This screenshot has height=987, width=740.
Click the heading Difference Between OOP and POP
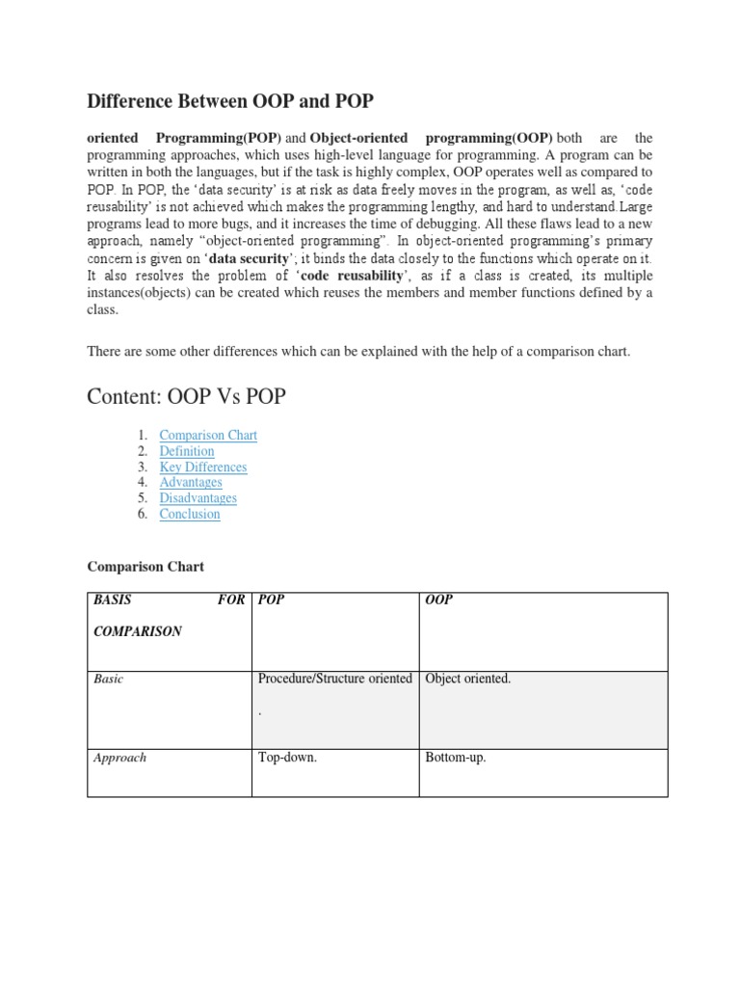(230, 101)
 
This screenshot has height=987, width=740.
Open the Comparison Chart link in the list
(208, 436)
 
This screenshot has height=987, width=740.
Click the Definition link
(187, 451)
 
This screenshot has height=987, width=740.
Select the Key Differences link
(203, 467)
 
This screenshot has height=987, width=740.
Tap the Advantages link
(191, 483)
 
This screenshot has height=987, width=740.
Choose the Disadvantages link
(198, 498)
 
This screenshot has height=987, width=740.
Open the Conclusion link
(190, 514)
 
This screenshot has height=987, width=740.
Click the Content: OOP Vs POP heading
(186, 397)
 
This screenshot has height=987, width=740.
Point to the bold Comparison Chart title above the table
(145, 567)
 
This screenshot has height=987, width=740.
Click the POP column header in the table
(272, 600)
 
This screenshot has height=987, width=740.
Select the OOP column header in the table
(439, 600)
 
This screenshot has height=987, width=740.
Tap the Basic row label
(109, 680)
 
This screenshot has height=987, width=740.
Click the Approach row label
(120, 759)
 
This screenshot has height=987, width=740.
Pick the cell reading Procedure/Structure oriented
(335, 680)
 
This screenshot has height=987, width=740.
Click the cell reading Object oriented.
(468, 680)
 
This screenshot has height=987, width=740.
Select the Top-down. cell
(288, 759)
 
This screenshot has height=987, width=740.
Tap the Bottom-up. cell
(456, 759)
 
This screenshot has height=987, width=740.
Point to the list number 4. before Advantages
(142, 483)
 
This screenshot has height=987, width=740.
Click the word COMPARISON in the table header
(138, 632)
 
